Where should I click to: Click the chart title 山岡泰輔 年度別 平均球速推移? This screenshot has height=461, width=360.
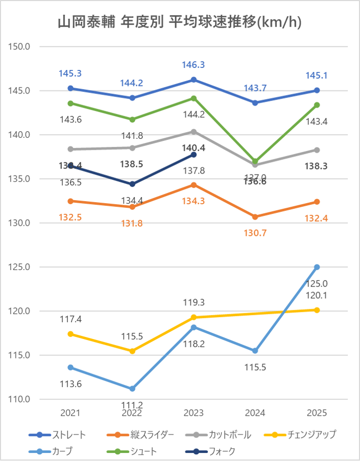click(x=180, y=22)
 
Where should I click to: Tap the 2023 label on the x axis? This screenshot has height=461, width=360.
click(x=194, y=413)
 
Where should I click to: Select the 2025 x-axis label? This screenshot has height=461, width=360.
click(x=317, y=413)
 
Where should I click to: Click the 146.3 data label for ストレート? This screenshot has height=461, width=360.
click(x=194, y=65)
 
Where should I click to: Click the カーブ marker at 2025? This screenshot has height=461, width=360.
click(x=317, y=267)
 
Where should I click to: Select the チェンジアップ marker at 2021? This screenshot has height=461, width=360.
click(x=70, y=334)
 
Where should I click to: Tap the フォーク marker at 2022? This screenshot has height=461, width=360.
click(x=132, y=184)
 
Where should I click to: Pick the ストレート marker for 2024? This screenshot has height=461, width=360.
click(x=255, y=103)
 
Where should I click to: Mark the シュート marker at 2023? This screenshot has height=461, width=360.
click(x=194, y=98)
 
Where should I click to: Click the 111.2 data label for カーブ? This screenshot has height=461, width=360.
click(x=132, y=405)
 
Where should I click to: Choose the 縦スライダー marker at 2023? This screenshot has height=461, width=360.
click(x=194, y=185)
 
